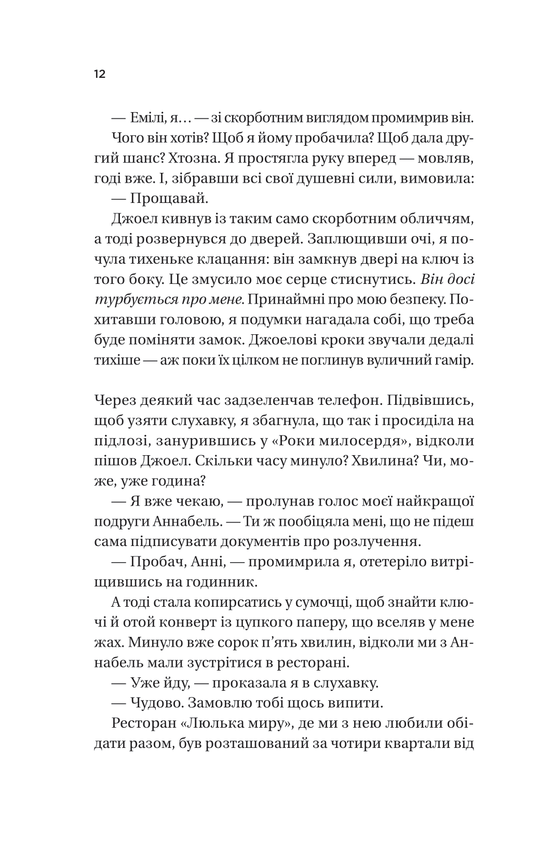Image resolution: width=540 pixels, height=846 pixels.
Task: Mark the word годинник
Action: tap(224, 582)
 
